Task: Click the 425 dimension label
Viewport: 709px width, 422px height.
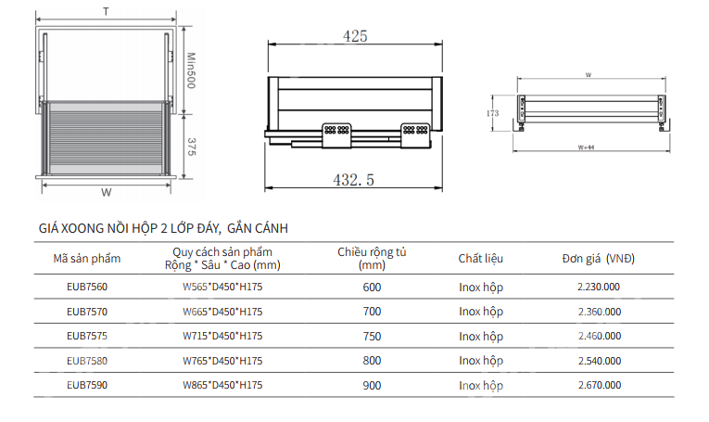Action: click(355, 36)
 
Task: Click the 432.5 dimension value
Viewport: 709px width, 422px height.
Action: click(354, 180)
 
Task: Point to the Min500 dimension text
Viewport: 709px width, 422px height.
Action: click(191, 70)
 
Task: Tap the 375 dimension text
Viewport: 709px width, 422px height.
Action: click(191, 147)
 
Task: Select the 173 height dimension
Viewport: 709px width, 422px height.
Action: click(492, 113)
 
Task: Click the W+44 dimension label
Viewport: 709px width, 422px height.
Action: click(586, 147)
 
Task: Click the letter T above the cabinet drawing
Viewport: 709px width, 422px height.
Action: click(106, 11)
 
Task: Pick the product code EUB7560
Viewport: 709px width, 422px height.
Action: click(87, 287)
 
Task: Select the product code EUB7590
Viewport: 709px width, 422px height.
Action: click(87, 385)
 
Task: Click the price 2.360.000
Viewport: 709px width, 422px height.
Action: click(599, 312)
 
